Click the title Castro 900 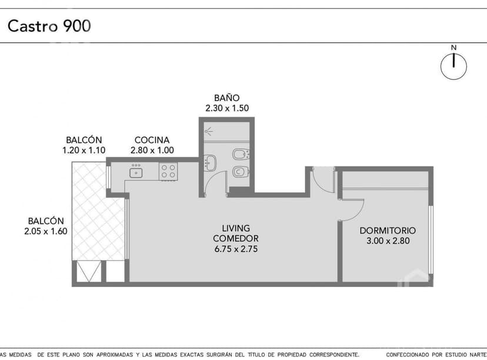pos(49,26)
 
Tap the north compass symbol pos(453,65)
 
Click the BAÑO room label pos(226,98)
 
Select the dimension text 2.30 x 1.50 pos(227,108)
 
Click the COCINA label pos(152,140)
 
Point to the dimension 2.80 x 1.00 pos(152,151)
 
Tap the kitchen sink pos(136,172)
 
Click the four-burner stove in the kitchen pos(168,172)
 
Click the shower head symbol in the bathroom pos(209,130)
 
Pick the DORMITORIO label pos(388,231)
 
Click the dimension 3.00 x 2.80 pos(388,241)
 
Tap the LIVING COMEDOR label pos(236,233)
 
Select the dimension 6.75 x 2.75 pos(236,249)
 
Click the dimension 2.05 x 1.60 pos(42,231)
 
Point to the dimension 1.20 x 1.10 pos(84,151)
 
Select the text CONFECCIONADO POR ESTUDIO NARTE pos(435,355)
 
